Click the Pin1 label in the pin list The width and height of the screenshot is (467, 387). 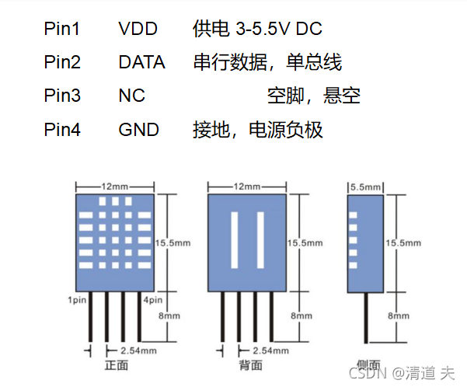point(62,29)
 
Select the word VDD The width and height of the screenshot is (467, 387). point(138,29)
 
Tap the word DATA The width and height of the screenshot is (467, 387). point(141,62)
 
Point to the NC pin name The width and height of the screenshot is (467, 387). point(131,96)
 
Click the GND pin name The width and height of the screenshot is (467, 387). point(138,129)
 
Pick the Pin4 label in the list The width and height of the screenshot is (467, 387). point(62,129)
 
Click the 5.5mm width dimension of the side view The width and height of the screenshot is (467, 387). point(365,187)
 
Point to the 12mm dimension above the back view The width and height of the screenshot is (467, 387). point(247,187)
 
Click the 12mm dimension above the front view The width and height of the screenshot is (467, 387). point(114,187)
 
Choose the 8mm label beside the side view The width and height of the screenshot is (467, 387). point(399,316)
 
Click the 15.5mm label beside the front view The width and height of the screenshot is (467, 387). point(174,242)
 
